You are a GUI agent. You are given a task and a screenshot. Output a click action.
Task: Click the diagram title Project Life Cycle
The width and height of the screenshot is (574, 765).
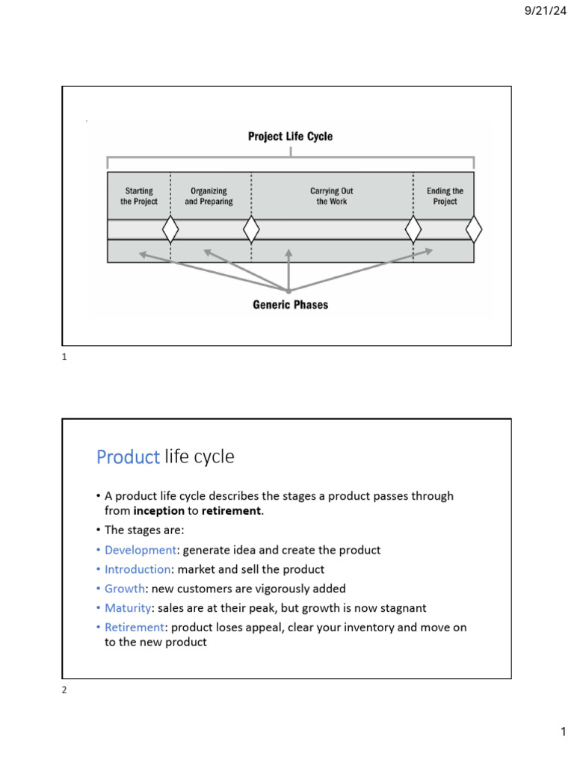click(290, 137)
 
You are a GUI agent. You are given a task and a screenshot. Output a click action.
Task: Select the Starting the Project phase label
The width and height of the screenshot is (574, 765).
click(139, 196)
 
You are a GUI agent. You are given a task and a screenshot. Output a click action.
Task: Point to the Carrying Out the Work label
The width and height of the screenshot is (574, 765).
click(331, 196)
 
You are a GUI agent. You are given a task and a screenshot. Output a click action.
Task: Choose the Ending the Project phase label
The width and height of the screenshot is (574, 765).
click(445, 196)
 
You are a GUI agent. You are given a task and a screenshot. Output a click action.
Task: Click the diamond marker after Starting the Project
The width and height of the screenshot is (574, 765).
click(170, 229)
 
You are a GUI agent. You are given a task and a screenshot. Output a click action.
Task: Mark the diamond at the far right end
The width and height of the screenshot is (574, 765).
click(474, 229)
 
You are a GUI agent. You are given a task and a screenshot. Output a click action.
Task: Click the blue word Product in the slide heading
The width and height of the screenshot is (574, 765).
click(128, 457)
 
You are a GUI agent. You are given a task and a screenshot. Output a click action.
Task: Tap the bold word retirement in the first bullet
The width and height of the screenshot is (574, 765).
click(232, 511)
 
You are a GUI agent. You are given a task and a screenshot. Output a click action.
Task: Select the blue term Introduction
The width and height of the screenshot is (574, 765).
click(138, 569)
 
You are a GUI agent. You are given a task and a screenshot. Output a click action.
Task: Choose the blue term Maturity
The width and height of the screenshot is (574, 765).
click(126, 608)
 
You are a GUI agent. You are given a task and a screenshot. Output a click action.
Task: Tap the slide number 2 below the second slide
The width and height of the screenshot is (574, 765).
click(64, 690)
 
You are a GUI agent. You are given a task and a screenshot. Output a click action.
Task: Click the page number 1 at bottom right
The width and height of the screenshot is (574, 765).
click(564, 734)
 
